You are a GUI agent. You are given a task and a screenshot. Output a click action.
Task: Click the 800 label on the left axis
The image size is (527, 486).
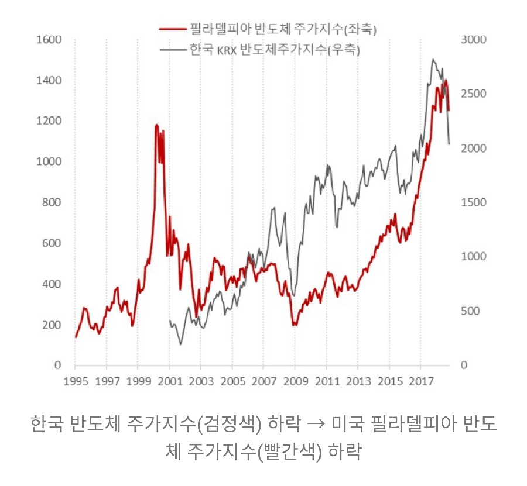52,202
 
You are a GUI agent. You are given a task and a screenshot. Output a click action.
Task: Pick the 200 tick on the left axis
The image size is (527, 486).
52,325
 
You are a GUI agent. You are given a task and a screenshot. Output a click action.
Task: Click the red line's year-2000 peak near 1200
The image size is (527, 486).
156,125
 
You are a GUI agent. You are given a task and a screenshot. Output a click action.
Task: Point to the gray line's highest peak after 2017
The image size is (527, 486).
433,59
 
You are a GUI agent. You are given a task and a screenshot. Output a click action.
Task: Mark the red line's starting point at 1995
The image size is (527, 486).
76,337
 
